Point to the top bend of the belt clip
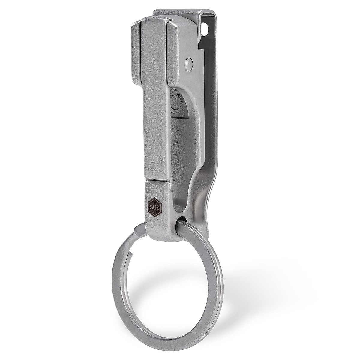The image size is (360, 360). pos(180,13)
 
